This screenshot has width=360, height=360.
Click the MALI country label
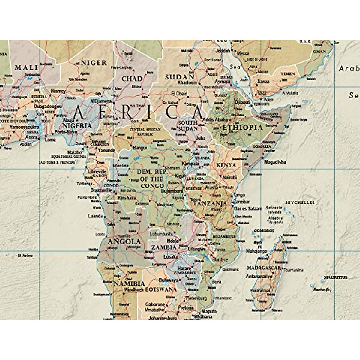tap(27, 67)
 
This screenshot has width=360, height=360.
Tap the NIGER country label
tap(94, 63)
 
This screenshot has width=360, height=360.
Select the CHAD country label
tap(132, 79)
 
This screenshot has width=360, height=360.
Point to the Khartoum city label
tap(187, 82)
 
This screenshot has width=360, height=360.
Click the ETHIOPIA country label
tap(242, 127)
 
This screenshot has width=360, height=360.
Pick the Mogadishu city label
tap(275, 162)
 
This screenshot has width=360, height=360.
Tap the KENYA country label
tap(226, 165)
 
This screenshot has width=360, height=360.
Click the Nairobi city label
tap(229, 178)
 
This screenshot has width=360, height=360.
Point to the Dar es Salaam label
tap(248, 208)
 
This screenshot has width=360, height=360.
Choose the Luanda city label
tap(95, 216)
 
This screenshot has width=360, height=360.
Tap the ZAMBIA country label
tap(163, 247)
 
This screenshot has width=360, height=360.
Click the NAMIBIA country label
tap(129, 283)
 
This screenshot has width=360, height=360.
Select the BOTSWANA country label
tap(161, 290)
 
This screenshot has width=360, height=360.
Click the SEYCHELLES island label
tap(300, 202)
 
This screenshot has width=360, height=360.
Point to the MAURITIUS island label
tap(335, 277)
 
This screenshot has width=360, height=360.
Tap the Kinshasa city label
tap(127, 198)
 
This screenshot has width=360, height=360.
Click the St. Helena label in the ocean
tap(25, 256)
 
